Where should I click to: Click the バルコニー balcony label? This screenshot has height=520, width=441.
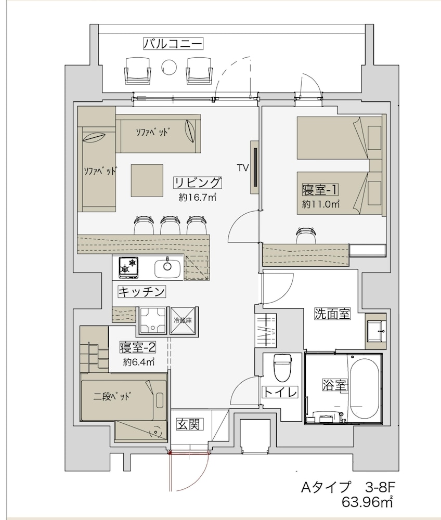pos(173,43)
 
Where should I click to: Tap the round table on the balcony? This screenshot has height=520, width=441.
pos(169,66)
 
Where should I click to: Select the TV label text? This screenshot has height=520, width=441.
pos(242,167)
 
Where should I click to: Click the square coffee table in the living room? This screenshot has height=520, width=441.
pos(147,180)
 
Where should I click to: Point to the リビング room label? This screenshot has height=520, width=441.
pos(198,183)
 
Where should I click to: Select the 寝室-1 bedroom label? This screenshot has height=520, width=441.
pos(320,189)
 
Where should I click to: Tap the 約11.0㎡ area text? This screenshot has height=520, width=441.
pos(321,204)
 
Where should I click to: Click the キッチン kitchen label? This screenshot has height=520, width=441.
pos(141,291)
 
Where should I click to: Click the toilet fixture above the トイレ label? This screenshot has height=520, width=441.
pos(281,367)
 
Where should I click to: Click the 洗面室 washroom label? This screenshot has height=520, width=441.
pos(332,314)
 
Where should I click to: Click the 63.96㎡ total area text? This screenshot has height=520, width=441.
pos(367,502)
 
